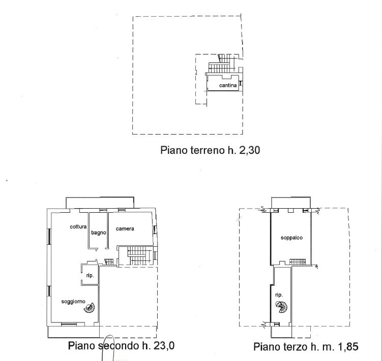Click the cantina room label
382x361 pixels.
point(228,85)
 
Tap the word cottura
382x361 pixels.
point(78,227)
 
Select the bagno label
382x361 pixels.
point(98,233)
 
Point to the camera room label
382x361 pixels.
point(125,228)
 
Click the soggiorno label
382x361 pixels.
point(73,302)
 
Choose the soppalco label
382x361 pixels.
point(291,238)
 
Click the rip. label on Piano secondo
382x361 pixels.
point(90,276)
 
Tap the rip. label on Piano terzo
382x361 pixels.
point(279,295)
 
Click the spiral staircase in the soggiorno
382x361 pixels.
point(89,308)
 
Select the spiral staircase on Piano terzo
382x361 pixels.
point(281,307)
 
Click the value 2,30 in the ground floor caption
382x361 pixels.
point(250,150)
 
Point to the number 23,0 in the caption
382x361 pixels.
point(164,346)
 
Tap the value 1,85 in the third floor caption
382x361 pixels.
point(348,347)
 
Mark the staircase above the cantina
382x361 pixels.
point(222,64)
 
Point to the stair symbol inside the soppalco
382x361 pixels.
point(298,262)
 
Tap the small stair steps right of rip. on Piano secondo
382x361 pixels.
point(109,262)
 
